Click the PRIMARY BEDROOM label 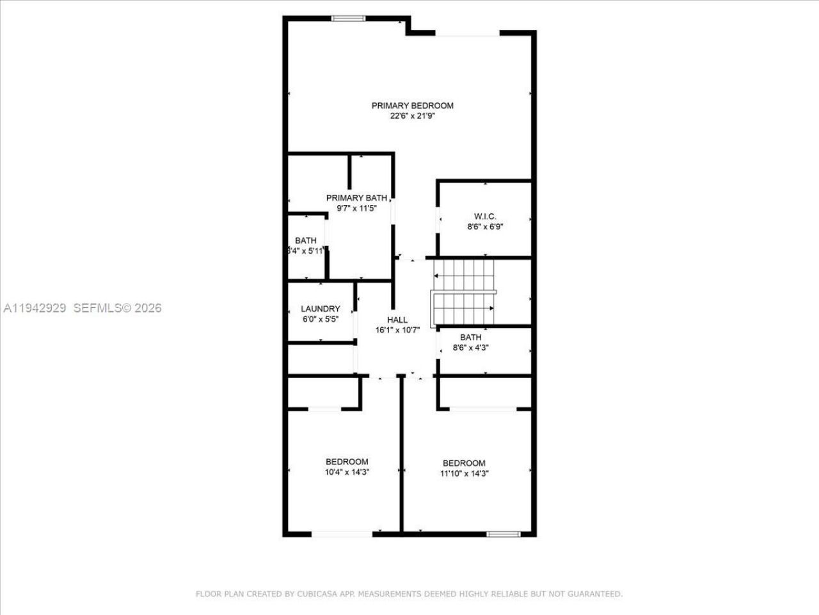(x=412, y=106)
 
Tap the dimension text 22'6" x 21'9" (x=412, y=117)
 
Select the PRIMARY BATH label (x=356, y=198)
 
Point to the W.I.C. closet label (x=485, y=217)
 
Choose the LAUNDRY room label (x=320, y=309)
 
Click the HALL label (x=397, y=320)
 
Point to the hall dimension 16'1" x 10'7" (x=397, y=331)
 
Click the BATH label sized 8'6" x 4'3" (x=470, y=338)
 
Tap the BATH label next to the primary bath (x=306, y=241)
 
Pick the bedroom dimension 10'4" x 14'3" (x=347, y=472)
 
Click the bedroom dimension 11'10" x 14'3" (x=464, y=473)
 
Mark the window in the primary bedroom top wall (x=348, y=18)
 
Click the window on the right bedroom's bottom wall (x=503, y=534)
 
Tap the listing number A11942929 (x=35, y=308)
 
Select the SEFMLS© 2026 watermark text (x=118, y=308)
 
